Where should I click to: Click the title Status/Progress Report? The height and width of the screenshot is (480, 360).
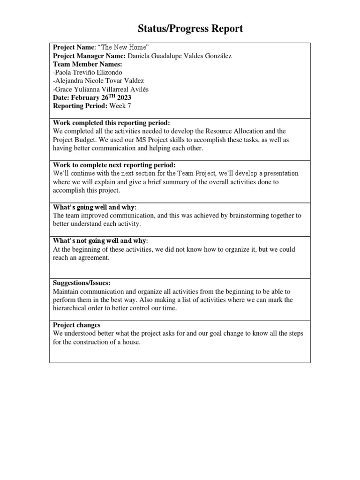pos(190,29)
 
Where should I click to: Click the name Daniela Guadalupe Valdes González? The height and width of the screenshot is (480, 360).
pos(179,56)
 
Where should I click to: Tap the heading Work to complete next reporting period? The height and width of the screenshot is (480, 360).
pos(114,165)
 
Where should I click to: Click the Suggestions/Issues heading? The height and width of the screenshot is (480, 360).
pos(82,283)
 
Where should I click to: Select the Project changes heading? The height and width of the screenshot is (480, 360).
pos(76,325)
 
